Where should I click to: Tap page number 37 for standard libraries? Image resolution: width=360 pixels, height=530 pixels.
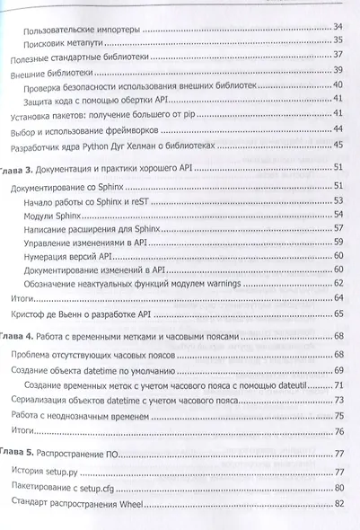[339, 54]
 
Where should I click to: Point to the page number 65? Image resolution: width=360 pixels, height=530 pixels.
[339, 314]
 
